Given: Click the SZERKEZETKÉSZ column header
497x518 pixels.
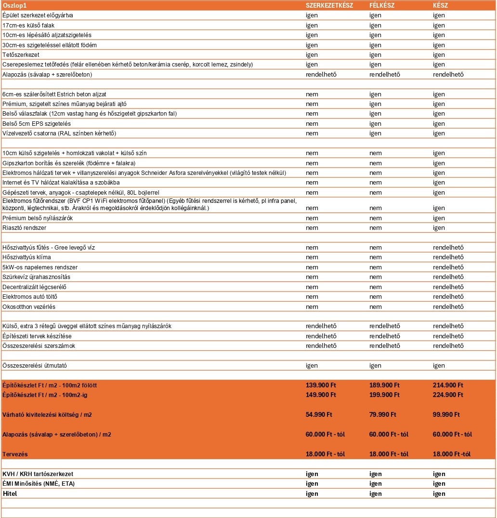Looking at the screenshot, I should (x=329, y=5).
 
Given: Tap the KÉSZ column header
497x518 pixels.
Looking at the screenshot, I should (x=441, y=5).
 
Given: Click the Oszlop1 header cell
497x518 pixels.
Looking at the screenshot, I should (x=14, y=5).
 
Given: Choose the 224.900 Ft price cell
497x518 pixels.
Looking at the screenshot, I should (x=448, y=395).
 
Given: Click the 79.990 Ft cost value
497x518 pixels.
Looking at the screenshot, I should (x=383, y=414).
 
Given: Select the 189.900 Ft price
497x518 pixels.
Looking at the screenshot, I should (x=384, y=385).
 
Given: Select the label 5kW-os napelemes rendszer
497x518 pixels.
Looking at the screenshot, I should (x=40, y=267).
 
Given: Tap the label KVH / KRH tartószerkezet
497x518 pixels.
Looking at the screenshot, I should (x=38, y=474).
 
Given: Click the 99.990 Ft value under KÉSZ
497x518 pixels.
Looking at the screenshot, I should (x=446, y=414).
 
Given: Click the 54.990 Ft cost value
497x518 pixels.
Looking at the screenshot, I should (x=319, y=414).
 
